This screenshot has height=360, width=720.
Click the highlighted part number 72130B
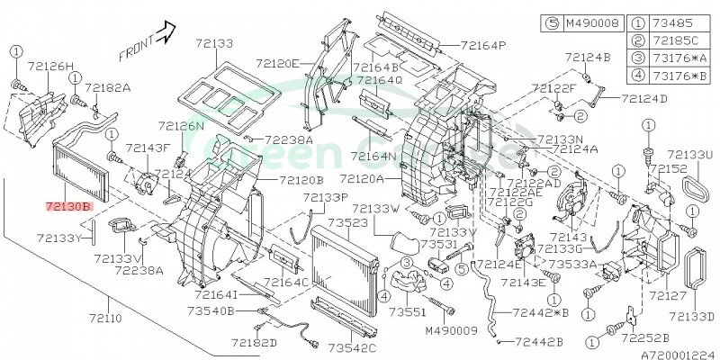point(69,206)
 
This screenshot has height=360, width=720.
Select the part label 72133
point(212,42)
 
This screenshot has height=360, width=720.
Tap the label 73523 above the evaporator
point(346,222)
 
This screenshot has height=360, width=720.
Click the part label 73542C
point(352,347)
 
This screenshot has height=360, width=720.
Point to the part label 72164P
point(482,45)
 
